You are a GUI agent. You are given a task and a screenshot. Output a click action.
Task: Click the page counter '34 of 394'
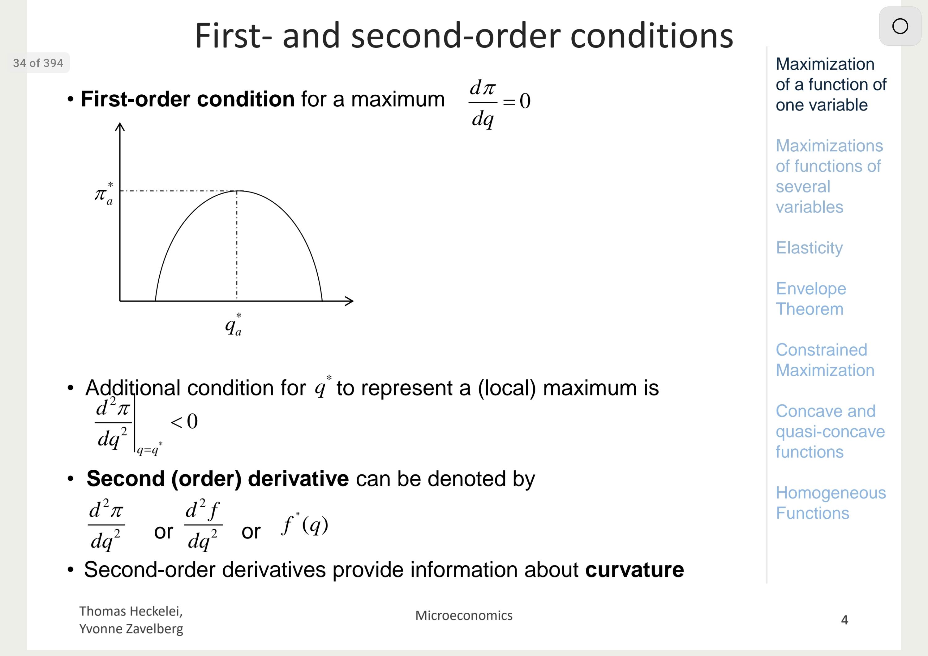tap(38, 63)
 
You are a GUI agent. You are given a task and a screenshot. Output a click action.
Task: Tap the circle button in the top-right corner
tap(900, 26)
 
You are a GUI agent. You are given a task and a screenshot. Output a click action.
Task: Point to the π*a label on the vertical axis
tap(104, 194)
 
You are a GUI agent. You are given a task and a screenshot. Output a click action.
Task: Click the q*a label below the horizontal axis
tap(234, 324)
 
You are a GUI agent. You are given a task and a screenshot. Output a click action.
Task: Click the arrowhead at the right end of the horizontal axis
tap(349, 301)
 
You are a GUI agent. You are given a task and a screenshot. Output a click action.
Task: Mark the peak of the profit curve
tap(237, 191)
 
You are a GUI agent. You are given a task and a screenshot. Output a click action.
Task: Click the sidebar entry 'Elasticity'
tap(809, 248)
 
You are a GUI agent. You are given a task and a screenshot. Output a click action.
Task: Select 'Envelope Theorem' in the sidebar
tap(811, 299)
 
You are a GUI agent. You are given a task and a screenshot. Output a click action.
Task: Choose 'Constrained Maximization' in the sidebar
tap(825, 360)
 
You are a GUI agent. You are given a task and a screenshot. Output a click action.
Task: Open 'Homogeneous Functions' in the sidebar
tap(831, 503)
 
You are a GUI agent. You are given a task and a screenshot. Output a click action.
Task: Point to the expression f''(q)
tap(305, 524)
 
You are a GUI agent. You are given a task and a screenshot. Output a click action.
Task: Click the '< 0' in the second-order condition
tap(184, 421)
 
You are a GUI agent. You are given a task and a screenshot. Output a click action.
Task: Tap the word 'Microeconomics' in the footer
tap(464, 615)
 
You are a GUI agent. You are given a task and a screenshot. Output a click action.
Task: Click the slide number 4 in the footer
tap(845, 619)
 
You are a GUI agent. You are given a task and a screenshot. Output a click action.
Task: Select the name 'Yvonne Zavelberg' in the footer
tap(131, 629)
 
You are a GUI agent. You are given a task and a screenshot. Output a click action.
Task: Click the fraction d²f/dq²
tap(203, 524)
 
